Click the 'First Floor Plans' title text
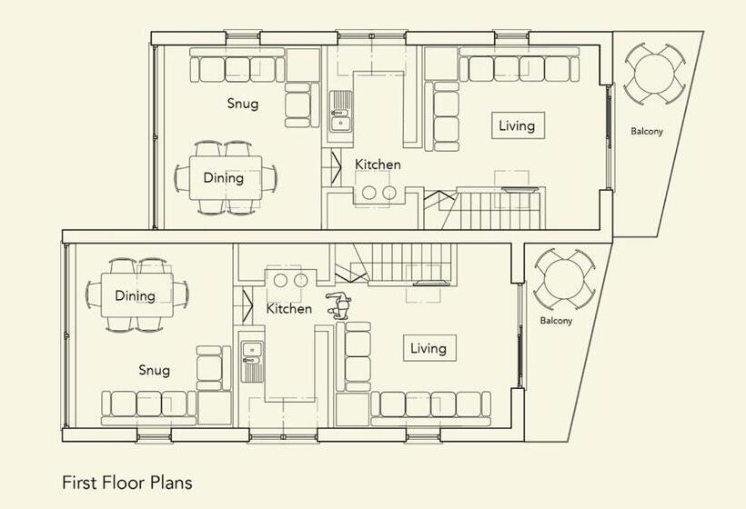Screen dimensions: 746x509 point(127,483)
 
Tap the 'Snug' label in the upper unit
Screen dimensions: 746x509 point(243,104)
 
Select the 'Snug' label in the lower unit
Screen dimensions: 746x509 point(154,370)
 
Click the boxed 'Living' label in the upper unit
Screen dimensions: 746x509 point(518,125)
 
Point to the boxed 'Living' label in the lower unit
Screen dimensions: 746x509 point(429,348)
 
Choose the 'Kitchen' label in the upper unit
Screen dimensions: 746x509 point(378,165)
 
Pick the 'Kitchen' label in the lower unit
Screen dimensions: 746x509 point(288,308)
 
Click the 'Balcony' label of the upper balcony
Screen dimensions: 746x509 point(647,131)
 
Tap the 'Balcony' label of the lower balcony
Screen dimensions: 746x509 point(556,321)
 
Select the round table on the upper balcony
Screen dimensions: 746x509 point(654,74)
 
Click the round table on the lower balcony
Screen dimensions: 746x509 point(564,279)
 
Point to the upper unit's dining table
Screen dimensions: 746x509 point(226,178)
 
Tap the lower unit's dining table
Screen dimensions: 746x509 point(137,295)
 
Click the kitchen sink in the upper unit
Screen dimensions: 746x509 point(340,111)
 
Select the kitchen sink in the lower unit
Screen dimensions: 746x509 point(253,361)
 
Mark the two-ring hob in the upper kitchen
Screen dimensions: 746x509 point(379,191)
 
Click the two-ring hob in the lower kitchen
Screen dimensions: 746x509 point(291,279)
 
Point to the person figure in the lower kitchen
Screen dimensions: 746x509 point(338,305)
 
